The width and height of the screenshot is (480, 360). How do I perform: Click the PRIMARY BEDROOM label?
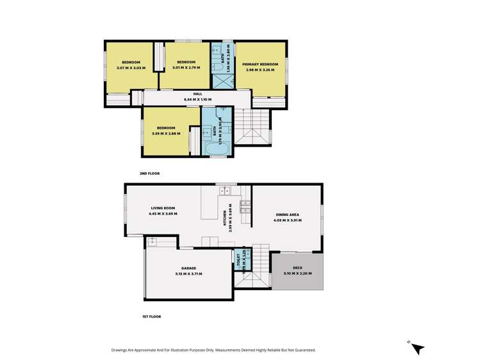click(x=260, y=65)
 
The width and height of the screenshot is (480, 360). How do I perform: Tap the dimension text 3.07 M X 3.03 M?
click(x=131, y=68)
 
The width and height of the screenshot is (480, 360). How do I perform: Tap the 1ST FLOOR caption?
click(x=151, y=316)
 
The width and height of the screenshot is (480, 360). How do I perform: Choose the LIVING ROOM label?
click(x=163, y=208)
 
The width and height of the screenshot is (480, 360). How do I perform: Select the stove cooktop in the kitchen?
click(x=245, y=206)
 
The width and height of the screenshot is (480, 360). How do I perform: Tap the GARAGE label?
click(x=188, y=268)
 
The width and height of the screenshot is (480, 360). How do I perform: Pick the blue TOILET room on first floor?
click(x=239, y=260)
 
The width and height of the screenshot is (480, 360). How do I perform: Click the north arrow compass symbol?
click(x=417, y=348)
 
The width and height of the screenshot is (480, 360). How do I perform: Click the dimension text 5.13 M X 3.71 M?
click(x=188, y=274)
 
